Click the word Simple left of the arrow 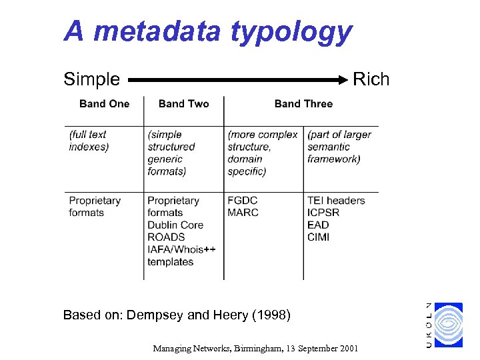(x=91, y=80)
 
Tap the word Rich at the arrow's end (x=371, y=80)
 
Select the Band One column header (x=104, y=103)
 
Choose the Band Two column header (x=183, y=103)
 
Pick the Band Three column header (x=303, y=103)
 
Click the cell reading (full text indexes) (x=88, y=141)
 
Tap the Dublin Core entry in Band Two (x=175, y=225)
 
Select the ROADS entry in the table (x=166, y=237)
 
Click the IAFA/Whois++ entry (x=181, y=249)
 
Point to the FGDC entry (x=242, y=201)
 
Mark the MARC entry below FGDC (x=243, y=213)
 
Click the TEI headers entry (x=336, y=201)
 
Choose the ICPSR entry (x=323, y=213)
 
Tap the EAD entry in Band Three (x=318, y=225)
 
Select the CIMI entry (x=318, y=237)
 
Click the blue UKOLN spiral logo (x=447, y=325)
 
